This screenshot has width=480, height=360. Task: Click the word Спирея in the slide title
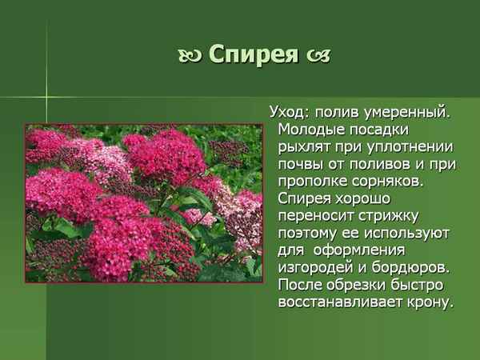click(252, 55)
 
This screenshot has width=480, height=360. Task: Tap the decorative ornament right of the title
click(317, 57)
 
